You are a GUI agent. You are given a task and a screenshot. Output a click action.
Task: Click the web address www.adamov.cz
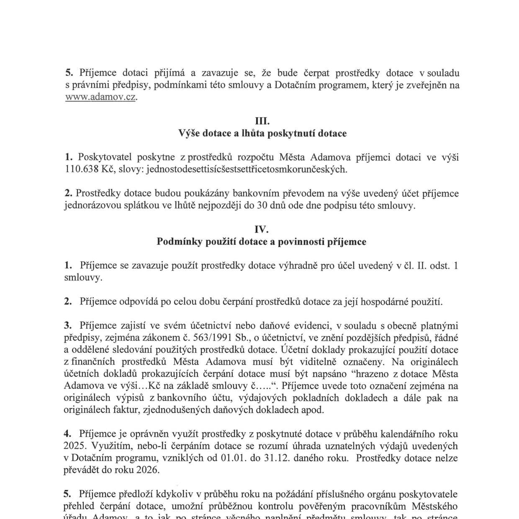(x=100, y=98)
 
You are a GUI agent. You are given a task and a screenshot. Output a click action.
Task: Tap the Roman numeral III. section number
(x=262, y=121)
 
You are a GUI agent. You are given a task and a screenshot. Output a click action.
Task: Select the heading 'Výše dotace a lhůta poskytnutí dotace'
(x=262, y=134)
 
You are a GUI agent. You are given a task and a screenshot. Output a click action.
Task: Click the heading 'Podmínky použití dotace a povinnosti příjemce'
(x=262, y=242)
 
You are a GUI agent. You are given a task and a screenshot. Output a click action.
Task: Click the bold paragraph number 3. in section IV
(x=68, y=326)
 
